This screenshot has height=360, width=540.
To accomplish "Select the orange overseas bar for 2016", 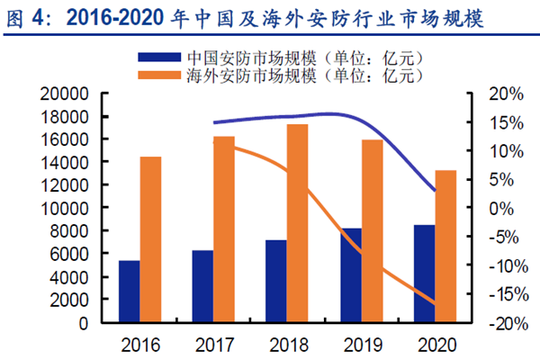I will tap(150, 239).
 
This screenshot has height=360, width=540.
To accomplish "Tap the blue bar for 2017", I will tap(202, 286).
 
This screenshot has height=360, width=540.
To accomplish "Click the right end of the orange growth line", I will tap(435, 304).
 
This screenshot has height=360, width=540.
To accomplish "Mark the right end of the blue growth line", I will tap(435, 191).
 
